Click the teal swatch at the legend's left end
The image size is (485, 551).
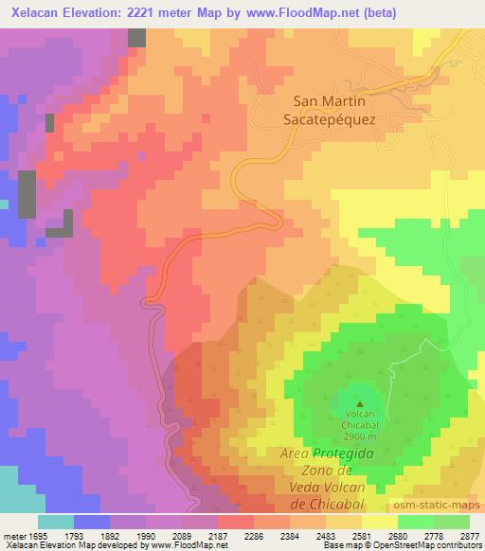(55, 522)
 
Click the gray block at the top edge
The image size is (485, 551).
(137, 38)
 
